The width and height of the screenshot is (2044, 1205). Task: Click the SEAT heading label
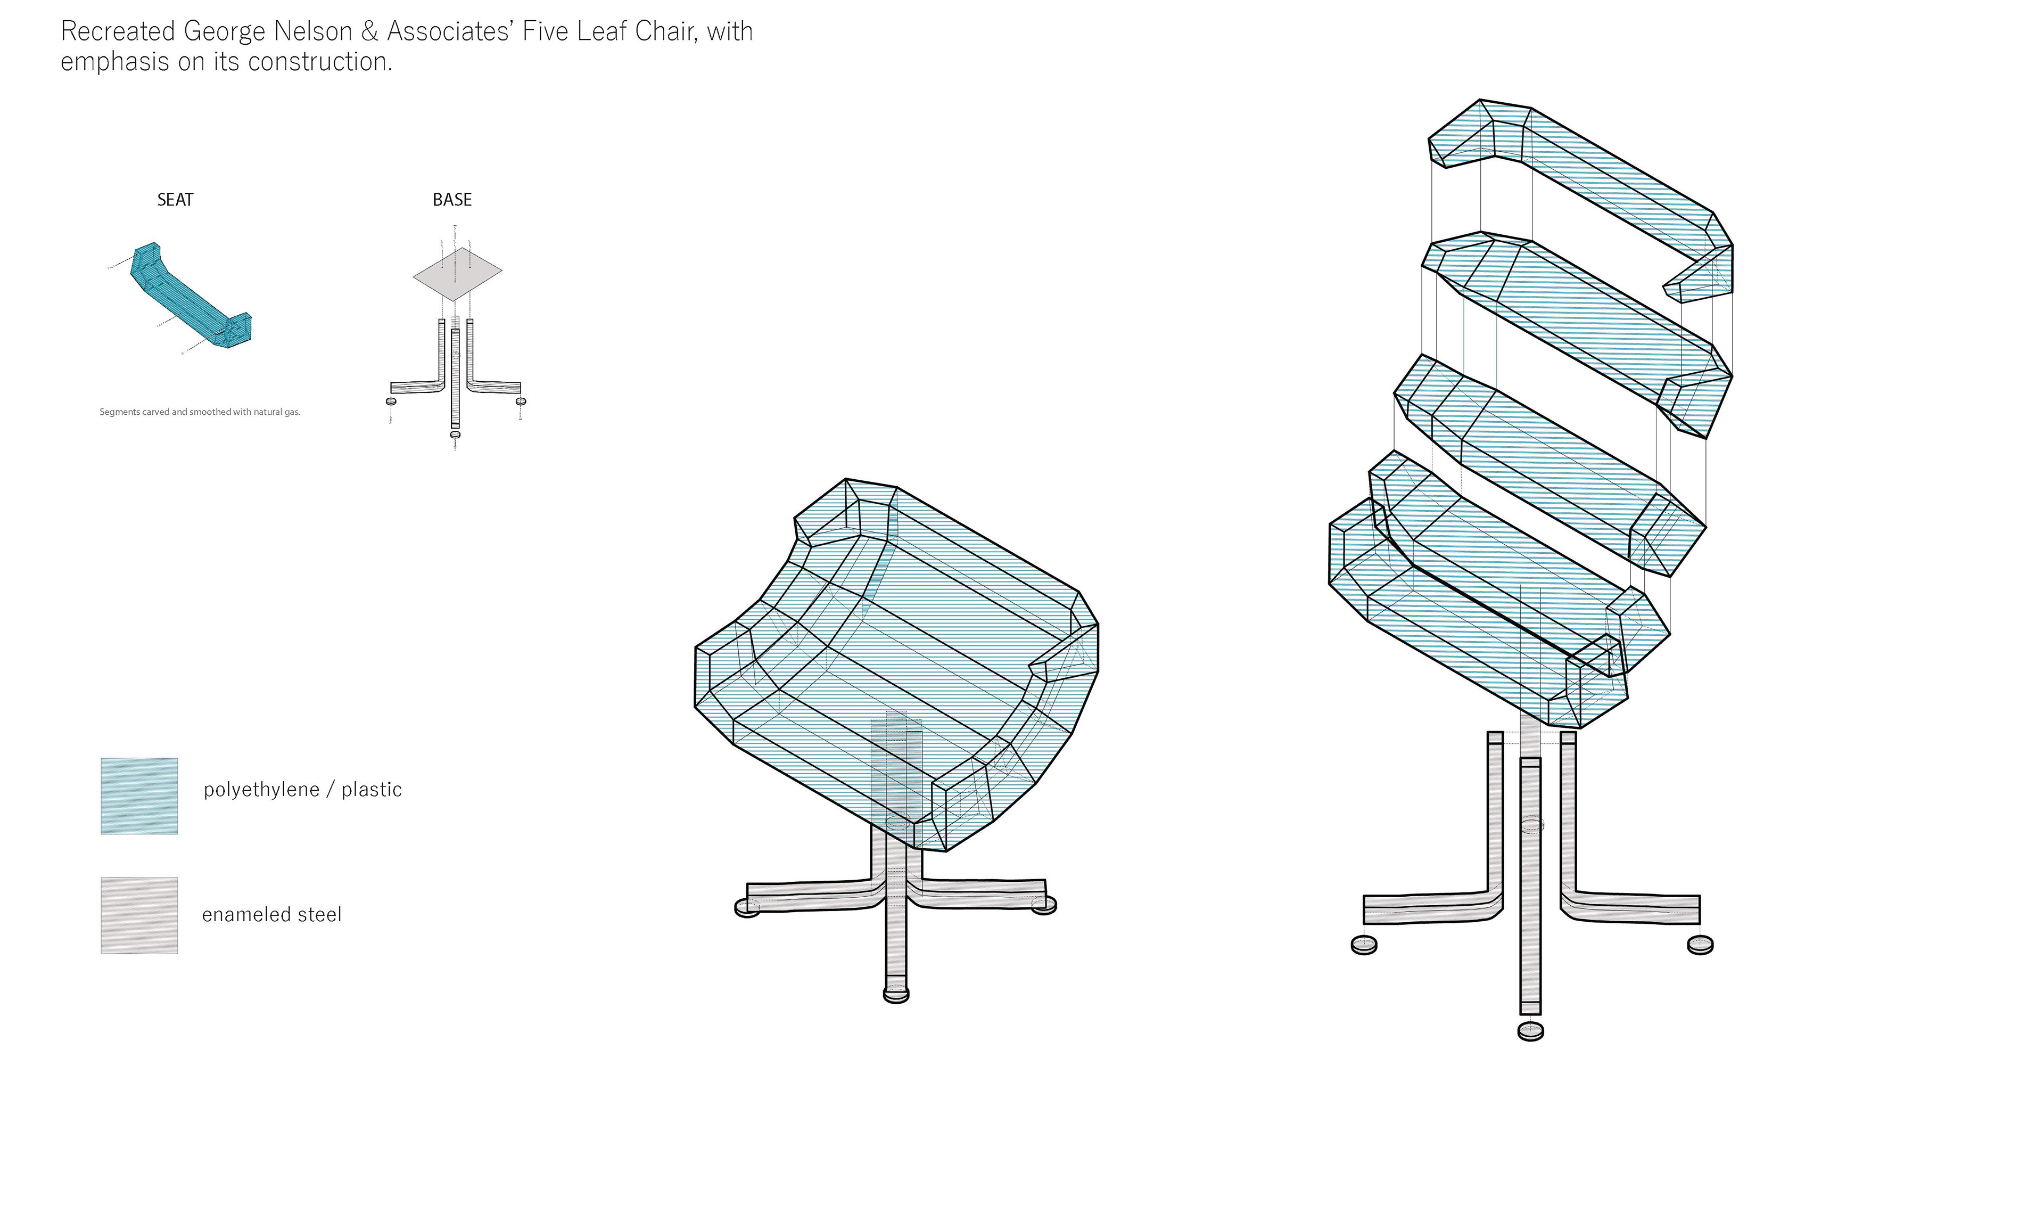[175, 200]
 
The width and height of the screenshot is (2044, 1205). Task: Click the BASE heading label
[452, 200]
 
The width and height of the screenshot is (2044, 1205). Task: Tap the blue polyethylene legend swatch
[139, 796]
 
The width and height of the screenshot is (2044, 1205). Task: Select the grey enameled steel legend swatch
[139, 915]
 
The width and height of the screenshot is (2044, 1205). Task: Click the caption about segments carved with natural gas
[200, 412]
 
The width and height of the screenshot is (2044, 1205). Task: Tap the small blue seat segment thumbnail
[191, 297]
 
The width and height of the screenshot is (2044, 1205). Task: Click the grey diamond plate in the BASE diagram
[457, 274]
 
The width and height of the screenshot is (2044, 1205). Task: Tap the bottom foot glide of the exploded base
[1530, 1031]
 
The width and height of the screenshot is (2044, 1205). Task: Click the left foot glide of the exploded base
[1364, 945]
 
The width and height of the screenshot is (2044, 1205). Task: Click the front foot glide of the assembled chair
[896, 994]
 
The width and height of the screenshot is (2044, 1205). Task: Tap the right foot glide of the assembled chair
[1044, 905]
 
